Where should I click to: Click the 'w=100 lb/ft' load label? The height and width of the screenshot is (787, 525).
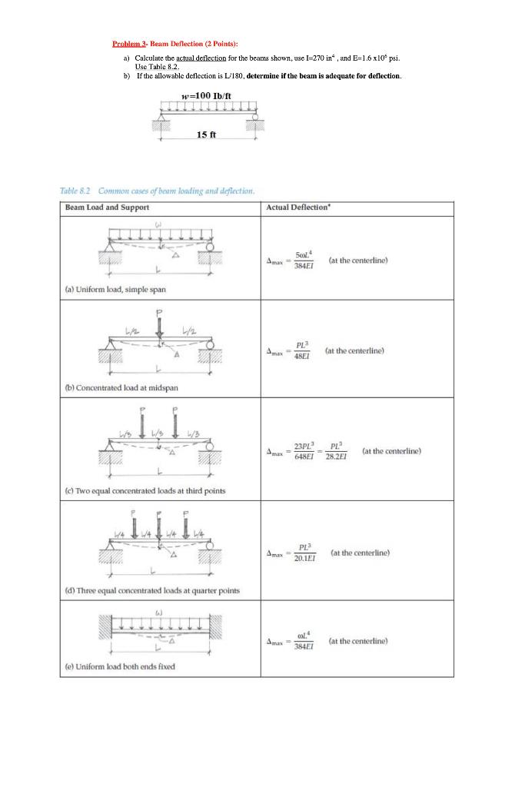tap(206, 95)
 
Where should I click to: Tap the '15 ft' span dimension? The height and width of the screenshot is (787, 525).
tap(207, 134)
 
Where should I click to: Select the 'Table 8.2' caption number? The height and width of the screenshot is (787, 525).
tap(75, 191)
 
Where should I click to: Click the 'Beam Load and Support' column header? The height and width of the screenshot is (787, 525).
tap(107, 208)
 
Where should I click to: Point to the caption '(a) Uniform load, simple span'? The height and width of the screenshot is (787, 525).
tap(115, 288)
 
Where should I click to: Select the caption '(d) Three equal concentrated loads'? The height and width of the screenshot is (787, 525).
tap(152, 590)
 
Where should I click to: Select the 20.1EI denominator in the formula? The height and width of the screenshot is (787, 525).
tap(304, 558)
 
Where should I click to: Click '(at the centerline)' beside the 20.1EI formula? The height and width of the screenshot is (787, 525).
tap(360, 553)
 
